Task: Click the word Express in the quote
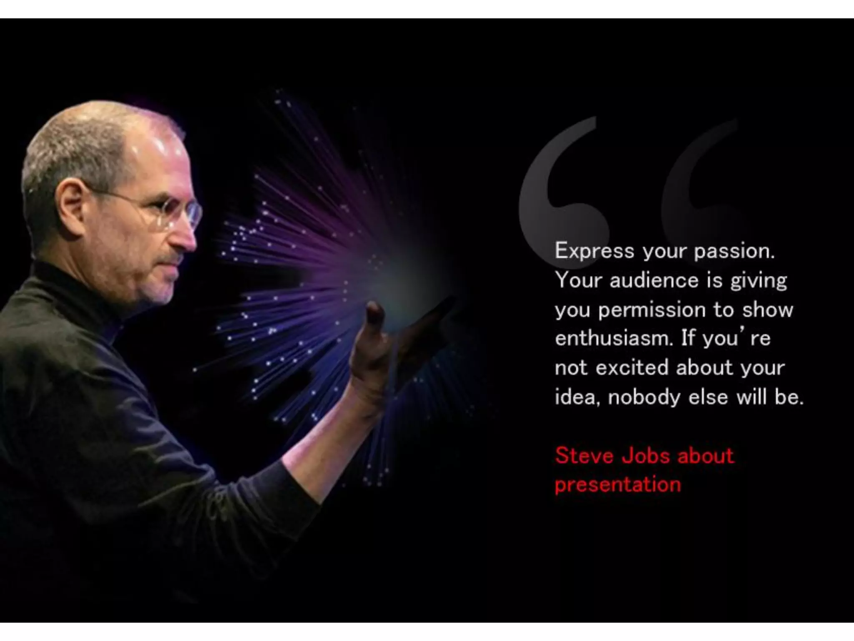tap(594, 252)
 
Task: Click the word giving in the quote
tap(759, 280)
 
